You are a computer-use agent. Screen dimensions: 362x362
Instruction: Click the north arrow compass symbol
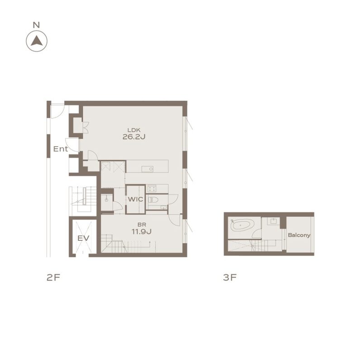[x=37, y=41]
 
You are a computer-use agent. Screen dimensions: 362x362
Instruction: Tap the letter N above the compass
[x=36, y=25]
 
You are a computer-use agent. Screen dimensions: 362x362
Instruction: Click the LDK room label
[x=134, y=130]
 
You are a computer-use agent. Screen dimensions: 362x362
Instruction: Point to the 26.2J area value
[x=134, y=137]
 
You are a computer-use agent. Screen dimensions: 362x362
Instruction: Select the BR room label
[x=142, y=224]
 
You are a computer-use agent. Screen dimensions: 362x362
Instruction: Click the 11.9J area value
[x=142, y=231]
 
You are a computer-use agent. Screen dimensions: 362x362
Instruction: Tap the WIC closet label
[x=135, y=199]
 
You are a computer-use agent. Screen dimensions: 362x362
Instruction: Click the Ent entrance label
[x=61, y=149]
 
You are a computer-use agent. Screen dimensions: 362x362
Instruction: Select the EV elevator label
[x=83, y=238]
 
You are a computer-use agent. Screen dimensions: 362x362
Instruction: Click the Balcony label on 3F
[x=299, y=235]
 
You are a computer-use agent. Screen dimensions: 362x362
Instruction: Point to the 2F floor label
[x=53, y=277]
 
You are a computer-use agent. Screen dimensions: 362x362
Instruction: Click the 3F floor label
[x=230, y=277]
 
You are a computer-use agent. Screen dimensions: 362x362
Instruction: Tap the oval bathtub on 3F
[x=242, y=224]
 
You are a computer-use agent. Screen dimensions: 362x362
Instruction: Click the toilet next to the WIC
[x=153, y=200]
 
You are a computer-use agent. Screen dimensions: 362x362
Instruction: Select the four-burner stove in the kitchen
[x=152, y=189]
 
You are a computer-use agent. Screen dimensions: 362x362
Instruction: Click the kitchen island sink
[x=148, y=169]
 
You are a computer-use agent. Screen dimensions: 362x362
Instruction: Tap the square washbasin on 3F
[x=273, y=221]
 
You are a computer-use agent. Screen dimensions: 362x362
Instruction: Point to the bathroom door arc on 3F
[x=257, y=234]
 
